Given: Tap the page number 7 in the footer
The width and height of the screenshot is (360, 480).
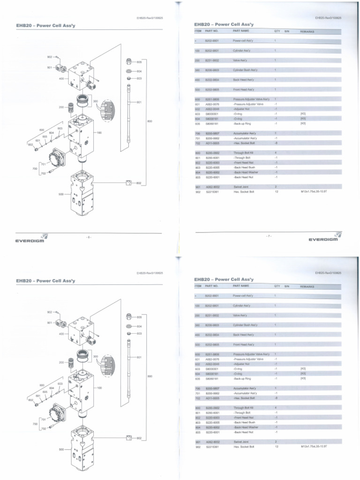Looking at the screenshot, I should (269, 236).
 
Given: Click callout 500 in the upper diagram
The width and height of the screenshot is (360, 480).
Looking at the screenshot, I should (61, 194).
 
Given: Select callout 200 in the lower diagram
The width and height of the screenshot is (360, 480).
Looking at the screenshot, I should (61, 362).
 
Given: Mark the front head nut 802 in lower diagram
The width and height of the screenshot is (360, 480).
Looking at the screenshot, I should (128, 438).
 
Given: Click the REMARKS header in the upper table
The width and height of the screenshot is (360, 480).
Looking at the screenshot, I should (307, 31).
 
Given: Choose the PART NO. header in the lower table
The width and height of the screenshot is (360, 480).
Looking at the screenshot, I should (212, 285).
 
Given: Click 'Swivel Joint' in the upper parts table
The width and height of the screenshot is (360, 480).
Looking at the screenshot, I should (240, 187).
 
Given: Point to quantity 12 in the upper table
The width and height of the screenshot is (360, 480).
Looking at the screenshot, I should (277, 192).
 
